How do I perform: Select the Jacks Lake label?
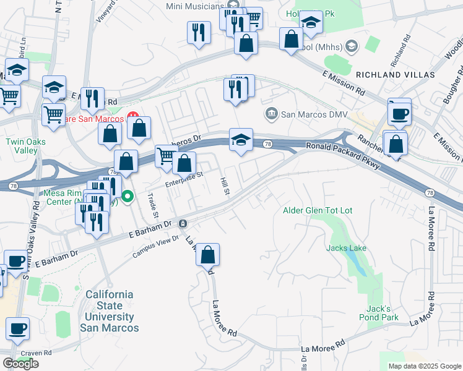click(x=347, y=248)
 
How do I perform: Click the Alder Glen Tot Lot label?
click(x=317, y=211)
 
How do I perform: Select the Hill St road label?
click(x=225, y=186)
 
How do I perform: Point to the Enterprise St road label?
click(x=184, y=180)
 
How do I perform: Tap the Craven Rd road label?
click(x=35, y=353)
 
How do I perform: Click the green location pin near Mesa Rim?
click(x=128, y=197)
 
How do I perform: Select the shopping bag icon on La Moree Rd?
click(x=208, y=254)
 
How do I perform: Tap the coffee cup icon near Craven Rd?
click(x=17, y=328)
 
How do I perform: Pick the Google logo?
click(x=20, y=364)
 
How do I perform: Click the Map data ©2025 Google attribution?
click(x=425, y=366)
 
